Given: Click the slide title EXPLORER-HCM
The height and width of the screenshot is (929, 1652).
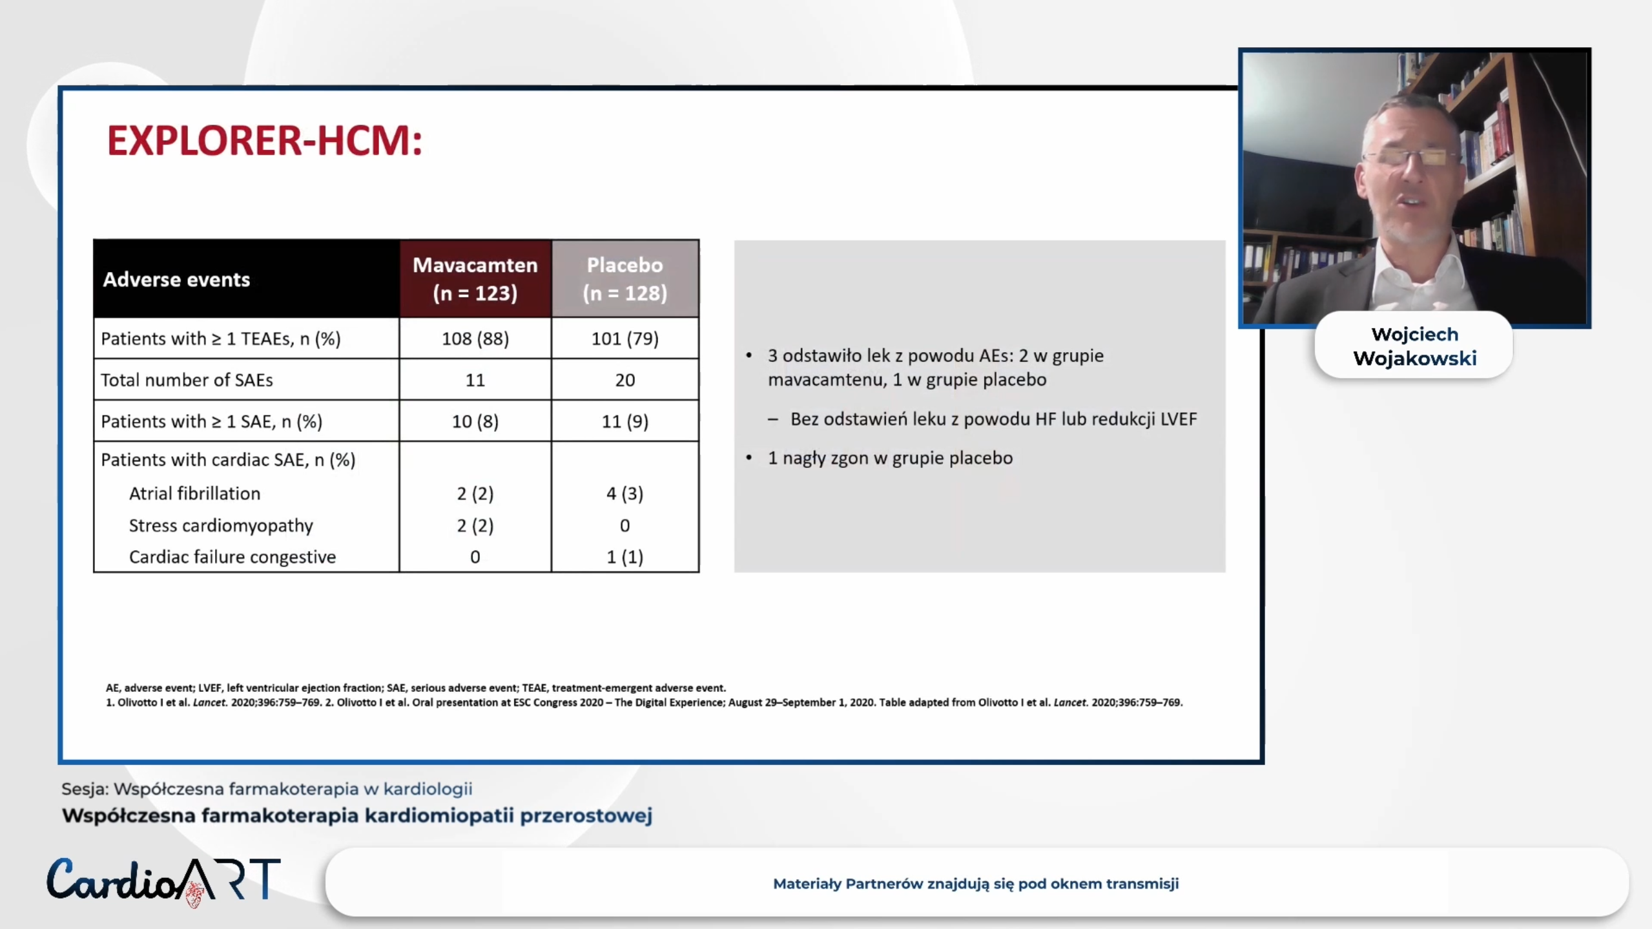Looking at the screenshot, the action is (x=265, y=140).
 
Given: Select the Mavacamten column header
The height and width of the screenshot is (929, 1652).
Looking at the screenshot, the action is (x=475, y=278).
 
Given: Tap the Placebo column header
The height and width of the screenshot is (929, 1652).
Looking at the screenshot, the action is (x=625, y=278).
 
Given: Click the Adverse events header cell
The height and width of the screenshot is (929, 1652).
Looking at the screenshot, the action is (x=176, y=279).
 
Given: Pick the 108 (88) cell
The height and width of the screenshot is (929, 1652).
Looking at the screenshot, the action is (x=475, y=339).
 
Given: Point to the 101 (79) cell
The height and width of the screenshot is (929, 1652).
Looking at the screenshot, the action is (x=625, y=339).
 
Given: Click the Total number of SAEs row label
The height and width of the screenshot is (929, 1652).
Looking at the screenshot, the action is (x=187, y=380).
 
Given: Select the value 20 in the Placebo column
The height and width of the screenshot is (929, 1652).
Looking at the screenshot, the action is (x=625, y=380).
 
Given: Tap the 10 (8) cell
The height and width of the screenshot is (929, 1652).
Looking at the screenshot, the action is (x=475, y=421).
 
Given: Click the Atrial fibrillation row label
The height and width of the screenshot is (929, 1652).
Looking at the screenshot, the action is (x=194, y=494).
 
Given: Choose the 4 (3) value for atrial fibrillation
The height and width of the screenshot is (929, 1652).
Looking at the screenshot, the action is (x=625, y=494).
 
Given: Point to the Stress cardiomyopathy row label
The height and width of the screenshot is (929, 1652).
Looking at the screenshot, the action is (x=221, y=525).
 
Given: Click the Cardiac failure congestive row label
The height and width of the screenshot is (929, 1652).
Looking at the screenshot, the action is (x=232, y=557).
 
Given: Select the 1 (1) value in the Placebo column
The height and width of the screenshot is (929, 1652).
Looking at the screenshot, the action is (x=625, y=557).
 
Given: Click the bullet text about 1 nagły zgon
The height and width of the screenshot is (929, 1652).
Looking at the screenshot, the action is (x=890, y=458).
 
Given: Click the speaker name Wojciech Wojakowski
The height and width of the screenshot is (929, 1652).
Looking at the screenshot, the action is (x=1414, y=346).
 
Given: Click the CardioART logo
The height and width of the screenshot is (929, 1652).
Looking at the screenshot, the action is (x=163, y=881).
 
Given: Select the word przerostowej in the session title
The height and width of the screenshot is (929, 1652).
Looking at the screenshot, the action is (x=586, y=815).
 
